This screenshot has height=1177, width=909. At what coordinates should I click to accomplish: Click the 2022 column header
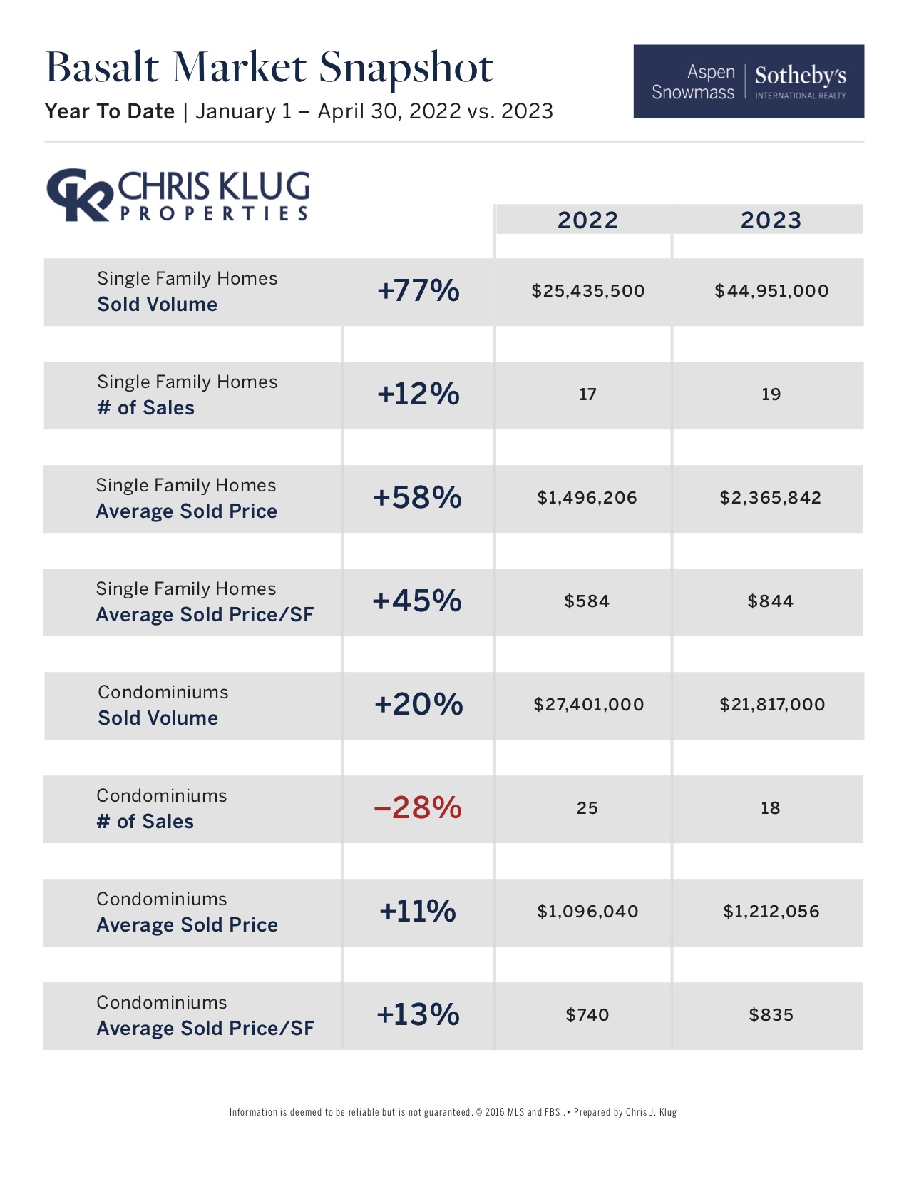tap(587, 220)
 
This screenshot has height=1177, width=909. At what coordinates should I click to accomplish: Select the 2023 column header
tap(771, 220)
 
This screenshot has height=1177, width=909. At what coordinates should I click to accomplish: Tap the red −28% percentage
tap(418, 808)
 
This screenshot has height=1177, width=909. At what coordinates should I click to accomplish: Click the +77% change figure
tap(418, 291)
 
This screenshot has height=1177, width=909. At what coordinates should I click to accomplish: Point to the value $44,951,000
tap(771, 291)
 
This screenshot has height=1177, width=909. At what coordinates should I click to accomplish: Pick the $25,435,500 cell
tap(587, 291)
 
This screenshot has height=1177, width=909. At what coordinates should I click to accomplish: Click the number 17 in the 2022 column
tap(587, 394)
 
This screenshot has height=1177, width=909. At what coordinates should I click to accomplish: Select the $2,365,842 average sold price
tap(770, 498)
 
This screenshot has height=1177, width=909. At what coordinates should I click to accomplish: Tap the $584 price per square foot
tap(587, 601)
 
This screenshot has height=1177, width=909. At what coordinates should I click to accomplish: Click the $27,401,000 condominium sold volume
tap(588, 705)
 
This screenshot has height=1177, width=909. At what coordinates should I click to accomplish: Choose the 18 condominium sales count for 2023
tap(770, 808)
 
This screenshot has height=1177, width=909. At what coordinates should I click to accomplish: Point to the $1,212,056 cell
tap(771, 912)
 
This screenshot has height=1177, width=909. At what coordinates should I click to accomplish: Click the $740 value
tap(587, 1015)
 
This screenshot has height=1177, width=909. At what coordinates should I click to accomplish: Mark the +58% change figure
tap(418, 498)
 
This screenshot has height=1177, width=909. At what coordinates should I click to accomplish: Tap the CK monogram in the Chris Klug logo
tap(78, 194)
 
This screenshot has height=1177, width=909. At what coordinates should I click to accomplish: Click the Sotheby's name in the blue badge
tap(800, 76)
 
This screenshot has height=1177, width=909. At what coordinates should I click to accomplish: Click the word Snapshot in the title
tap(406, 68)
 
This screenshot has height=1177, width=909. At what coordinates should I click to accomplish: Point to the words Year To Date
tap(110, 111)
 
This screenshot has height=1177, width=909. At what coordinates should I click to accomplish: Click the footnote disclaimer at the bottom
tap(453, 1112)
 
